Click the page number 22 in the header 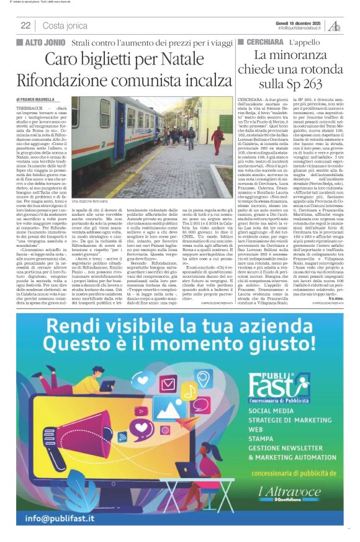[x=25, y=25]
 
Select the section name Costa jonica [x=65, y=25]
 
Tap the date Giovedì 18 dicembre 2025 [x=299, y=22]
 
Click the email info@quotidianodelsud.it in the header [x=299, y=28]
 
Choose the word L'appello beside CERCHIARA [x=304, y=42]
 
